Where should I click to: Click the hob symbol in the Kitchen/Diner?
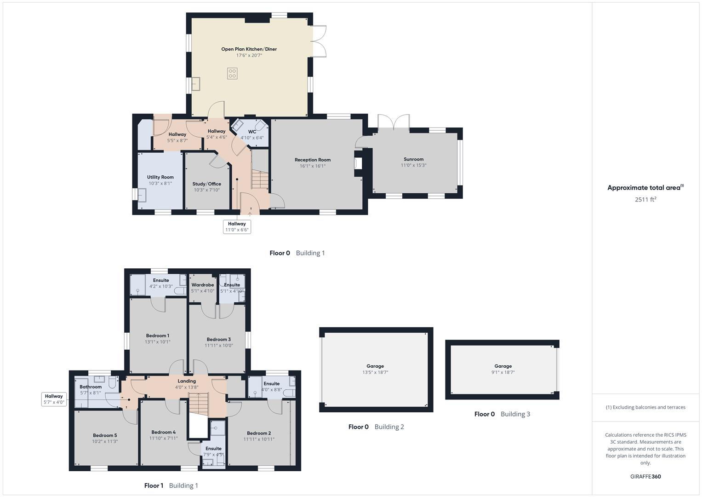(x=233, y=73)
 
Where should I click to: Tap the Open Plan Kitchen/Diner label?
(x=249, y=49)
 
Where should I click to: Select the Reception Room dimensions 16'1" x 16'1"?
(x=313, y=166)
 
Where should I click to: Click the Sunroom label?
(x=413, y=159)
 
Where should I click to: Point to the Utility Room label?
(x=160, y=177)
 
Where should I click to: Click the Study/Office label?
(x=206, y=184)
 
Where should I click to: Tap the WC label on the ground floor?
(x=252, y=132)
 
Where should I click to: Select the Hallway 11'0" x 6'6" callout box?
(x=237, y=227)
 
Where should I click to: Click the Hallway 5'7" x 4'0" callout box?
(x=54, y=399)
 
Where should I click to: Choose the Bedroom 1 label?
(x=158, y=335)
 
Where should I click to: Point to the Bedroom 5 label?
(x=105, y=435)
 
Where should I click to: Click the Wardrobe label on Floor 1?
(x=202, y=285)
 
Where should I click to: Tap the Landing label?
(x=187, y=381)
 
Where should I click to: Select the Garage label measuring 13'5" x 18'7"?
(x=375, y=366)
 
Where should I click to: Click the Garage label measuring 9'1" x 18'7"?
(x=503, y=366)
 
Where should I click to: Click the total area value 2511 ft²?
(x=645, y=200)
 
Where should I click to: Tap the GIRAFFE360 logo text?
(x=645, y=477)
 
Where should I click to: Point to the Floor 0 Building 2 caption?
(x=376, y=427)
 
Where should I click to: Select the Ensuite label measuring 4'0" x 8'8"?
(x=271, y=384)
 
